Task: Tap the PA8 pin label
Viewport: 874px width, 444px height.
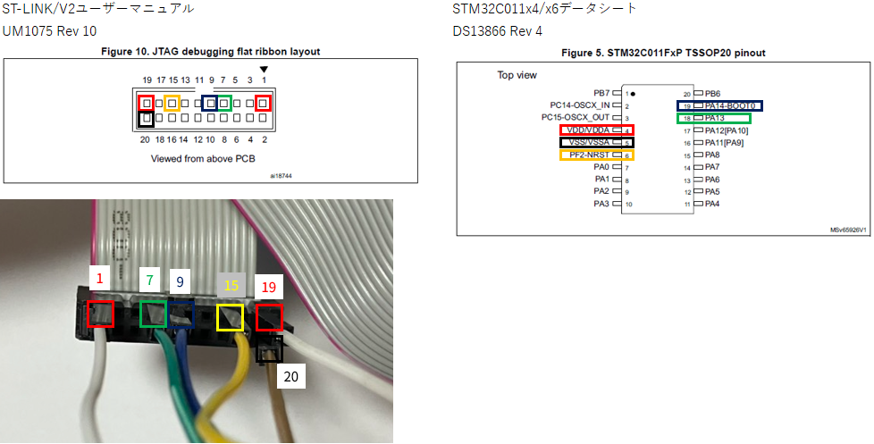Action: click(x=712, y=155)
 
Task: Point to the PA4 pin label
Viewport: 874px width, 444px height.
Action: click(x=712, y=204)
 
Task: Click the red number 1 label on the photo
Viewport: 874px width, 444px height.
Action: click(x=99, y=280)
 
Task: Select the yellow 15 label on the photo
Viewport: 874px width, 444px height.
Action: click(x=231, y=286)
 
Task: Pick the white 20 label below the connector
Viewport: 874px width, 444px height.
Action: click(x=291, y=376)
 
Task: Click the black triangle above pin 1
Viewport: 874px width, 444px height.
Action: click(x=263, y=70)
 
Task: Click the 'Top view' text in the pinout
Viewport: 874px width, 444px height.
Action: click(x=517, y=75)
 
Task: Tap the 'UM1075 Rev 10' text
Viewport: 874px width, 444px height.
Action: click(x=49, y=31)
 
